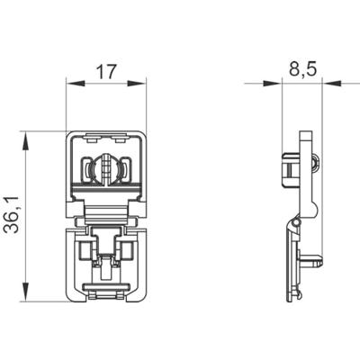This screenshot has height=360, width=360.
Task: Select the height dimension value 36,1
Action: (x=13, y=217)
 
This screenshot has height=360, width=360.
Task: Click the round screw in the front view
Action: (x=106, y=169)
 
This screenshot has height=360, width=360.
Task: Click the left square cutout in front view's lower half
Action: (x=88, y=251)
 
